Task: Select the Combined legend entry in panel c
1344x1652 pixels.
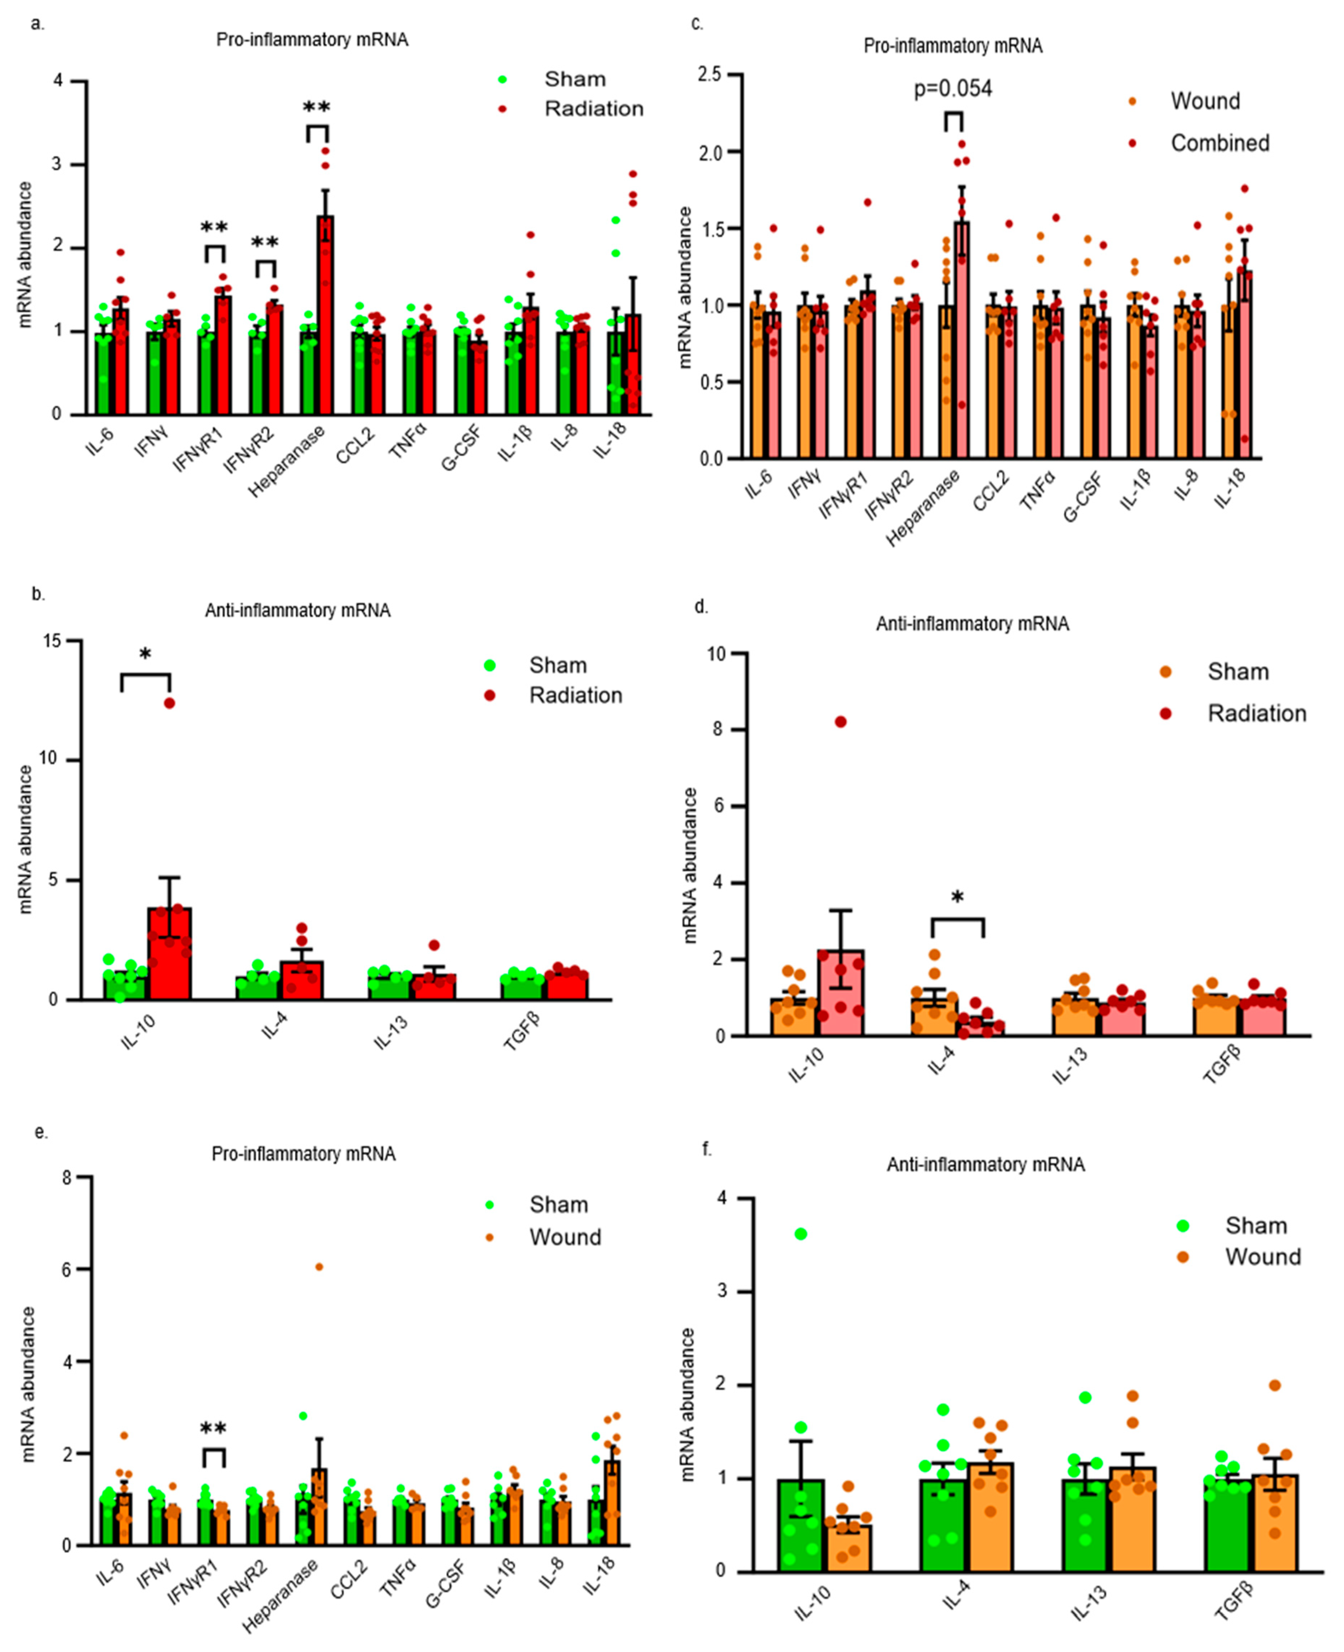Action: (1219, 143)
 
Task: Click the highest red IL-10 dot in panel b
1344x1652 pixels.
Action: (169, 703)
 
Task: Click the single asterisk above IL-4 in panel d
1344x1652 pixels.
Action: (958, 898)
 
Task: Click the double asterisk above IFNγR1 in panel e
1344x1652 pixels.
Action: (214, 1428)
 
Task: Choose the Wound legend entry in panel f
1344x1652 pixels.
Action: (1262, 1257)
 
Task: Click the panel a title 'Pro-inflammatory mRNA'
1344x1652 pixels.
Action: (312, 40)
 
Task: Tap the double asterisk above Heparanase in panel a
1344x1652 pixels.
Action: (316, 108)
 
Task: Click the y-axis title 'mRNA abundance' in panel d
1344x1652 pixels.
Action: (690, 865)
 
